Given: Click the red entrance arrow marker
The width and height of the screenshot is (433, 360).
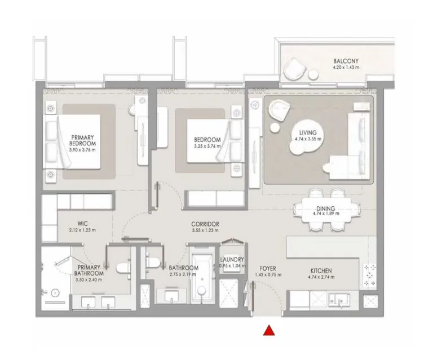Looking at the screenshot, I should click(x=269, y=331).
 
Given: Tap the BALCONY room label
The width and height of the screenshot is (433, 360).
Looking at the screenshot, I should click(x=346, y=61).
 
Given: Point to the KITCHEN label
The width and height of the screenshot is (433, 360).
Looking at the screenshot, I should click(x=320, y=270).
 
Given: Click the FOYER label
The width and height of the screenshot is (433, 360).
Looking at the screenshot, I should click(x=267, y=268).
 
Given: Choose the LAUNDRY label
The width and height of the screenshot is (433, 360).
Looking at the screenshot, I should click(x=232, y=260).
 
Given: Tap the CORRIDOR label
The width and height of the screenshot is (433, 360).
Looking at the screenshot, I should click(x=205, y=224).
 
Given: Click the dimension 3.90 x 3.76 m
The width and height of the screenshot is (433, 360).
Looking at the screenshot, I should click(x=82, y=149).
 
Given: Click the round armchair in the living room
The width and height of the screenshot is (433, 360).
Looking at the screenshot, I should click(x=277, y=109).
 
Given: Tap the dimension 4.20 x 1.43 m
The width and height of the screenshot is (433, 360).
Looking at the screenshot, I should click(x=346, y=68).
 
